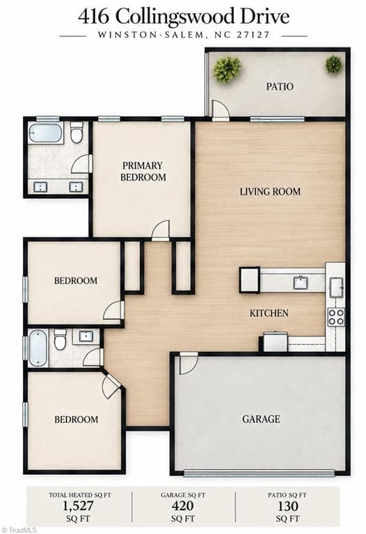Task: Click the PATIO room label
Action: point(280,86)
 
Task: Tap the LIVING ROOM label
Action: point(270,191)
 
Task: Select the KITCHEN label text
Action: point(269,313)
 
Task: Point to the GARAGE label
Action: point(261,419)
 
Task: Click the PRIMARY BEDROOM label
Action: point(143,171)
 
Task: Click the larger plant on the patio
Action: point(227,69)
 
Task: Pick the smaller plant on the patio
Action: point(333,64)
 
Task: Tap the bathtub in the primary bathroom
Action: point(45,133)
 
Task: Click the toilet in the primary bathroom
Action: point(77,132)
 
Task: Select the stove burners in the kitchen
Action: point(336,317)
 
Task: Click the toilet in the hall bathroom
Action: point(60,339)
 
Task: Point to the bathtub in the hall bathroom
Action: point(38,348)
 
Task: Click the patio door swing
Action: point(220,109)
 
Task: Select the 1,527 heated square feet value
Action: point(78,506)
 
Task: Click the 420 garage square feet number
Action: point(183,506)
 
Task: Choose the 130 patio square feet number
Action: point(287,506)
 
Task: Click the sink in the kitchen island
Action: point(301,282)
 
